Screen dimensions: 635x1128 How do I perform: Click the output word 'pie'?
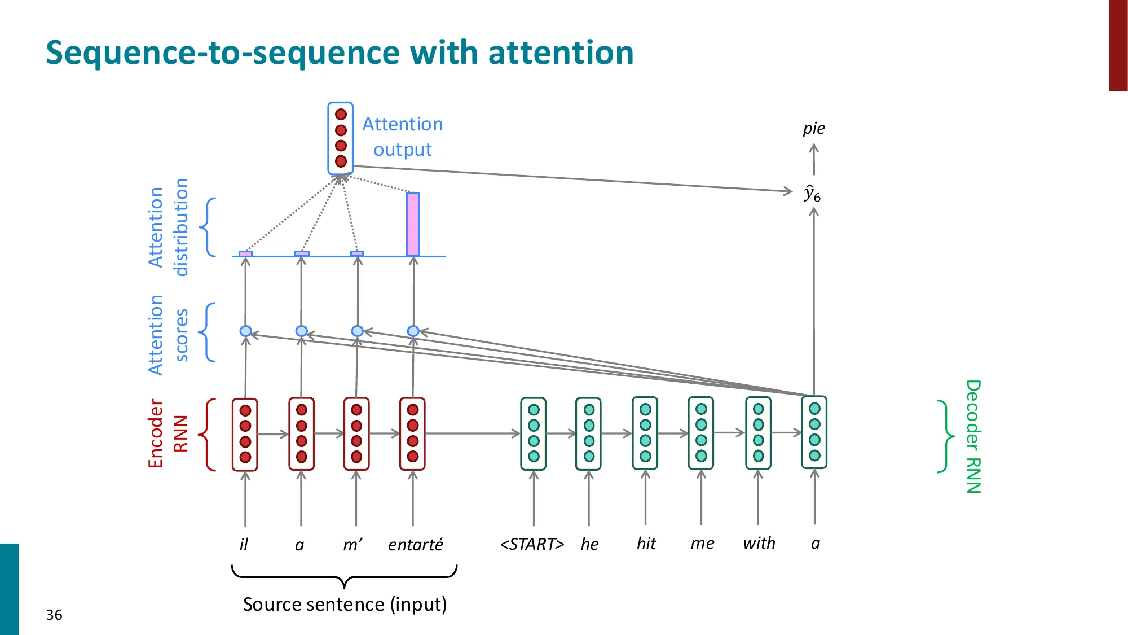(x=813, y=129)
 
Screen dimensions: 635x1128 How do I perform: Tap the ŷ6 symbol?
(x=812, y=194)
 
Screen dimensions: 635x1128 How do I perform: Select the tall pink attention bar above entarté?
(x=413, y=224)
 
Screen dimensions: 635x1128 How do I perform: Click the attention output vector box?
(x=340, y=138)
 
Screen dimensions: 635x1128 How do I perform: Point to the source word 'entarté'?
(x=415, y=544)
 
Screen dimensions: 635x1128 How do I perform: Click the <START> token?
(x=532, y=544)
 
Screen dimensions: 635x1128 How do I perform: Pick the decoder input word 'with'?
(x=759, y=543)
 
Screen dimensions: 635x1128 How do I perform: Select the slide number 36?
(x=54, y=615)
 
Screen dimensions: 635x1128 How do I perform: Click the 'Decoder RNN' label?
(x=973, y=436)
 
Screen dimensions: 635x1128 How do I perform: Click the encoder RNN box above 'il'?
(x=245, y=434)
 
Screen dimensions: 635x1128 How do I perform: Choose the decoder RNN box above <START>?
(x=533, y=433)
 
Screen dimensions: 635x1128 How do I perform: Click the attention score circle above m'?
(x=357, y=331)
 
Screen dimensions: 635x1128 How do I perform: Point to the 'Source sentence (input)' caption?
(x=345, y=605)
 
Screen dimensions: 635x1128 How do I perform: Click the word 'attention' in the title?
(x=561, y=52)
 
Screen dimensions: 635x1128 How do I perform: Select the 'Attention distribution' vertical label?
(x=168, y=227)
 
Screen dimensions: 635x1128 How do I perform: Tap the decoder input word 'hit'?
(x=646, y=544)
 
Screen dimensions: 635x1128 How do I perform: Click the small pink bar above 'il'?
(x=245, y=253)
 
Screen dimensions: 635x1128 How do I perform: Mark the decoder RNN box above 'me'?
(x=701, y=433)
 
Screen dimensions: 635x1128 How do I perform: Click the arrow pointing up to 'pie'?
(x=813, y=159)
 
